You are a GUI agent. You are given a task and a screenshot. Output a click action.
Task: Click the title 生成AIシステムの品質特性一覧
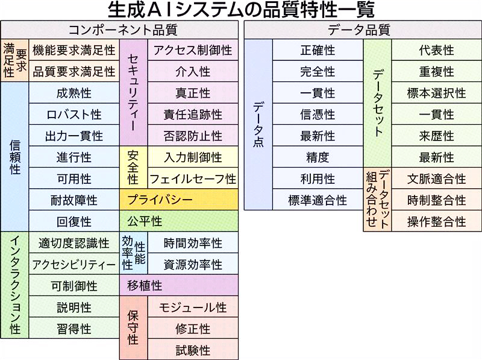[x=241, y=10]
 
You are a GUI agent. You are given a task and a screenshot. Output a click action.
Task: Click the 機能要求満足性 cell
[x=74, y=50]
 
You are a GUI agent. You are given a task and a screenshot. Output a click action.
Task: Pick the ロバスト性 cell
[x=74, y=114]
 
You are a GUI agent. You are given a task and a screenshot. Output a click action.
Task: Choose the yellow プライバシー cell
[x=179, y=200]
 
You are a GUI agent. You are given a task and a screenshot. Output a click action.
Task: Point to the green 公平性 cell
[x=179, y=221]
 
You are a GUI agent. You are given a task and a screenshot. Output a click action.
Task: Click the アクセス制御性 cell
[x=193, y=50]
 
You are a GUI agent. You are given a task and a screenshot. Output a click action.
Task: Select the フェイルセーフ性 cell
[x=193, y=178]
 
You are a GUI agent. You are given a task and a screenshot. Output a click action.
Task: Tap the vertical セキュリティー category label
[x=133, y=92]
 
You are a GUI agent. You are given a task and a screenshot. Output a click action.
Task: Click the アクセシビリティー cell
[x=74, y=264]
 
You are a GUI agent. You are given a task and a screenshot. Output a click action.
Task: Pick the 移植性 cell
[x=179, y=285]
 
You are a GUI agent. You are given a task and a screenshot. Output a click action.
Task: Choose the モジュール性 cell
[x=193, y=307]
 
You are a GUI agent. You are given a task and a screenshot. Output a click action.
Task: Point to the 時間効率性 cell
[x=193, y=243]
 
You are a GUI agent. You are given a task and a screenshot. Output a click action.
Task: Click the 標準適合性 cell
[x=318, y=200]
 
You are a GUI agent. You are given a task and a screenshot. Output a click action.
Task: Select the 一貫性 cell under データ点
[x=318, y=93]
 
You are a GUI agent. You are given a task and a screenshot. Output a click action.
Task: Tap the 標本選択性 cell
[x=436, y=93]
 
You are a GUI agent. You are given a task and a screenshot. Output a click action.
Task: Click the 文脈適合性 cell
[x=436, y=178]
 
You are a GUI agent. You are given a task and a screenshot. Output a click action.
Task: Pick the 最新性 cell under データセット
[x=436, y=157]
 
